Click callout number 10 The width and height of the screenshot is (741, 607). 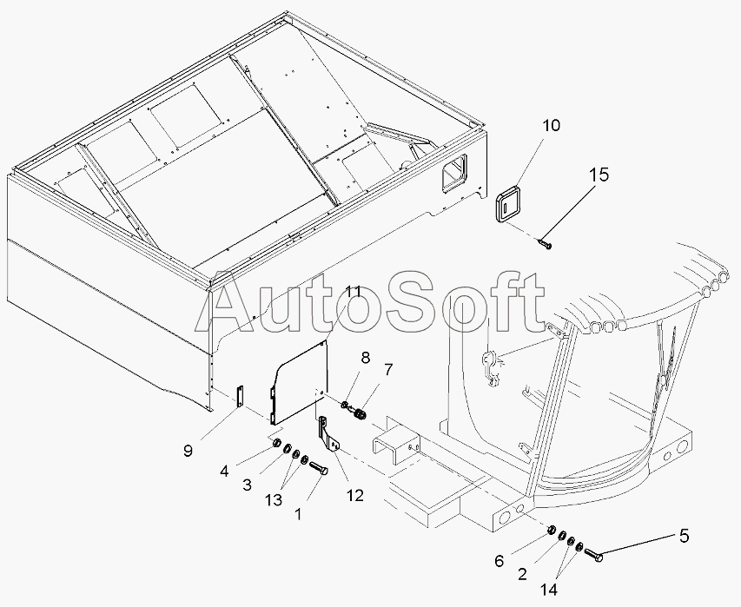(551, 126)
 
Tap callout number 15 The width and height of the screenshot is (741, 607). (599, 175)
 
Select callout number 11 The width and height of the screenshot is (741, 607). (353, 292)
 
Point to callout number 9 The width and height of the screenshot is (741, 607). (188, 451)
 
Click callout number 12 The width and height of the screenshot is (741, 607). (355, 496)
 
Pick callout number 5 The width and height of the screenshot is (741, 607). (684, 536)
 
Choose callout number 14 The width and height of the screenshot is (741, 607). (549, 590)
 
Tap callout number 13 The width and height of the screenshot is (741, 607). (273, 500)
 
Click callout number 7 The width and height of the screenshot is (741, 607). (388, 370)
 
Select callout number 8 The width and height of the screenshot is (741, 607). (366, 358)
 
